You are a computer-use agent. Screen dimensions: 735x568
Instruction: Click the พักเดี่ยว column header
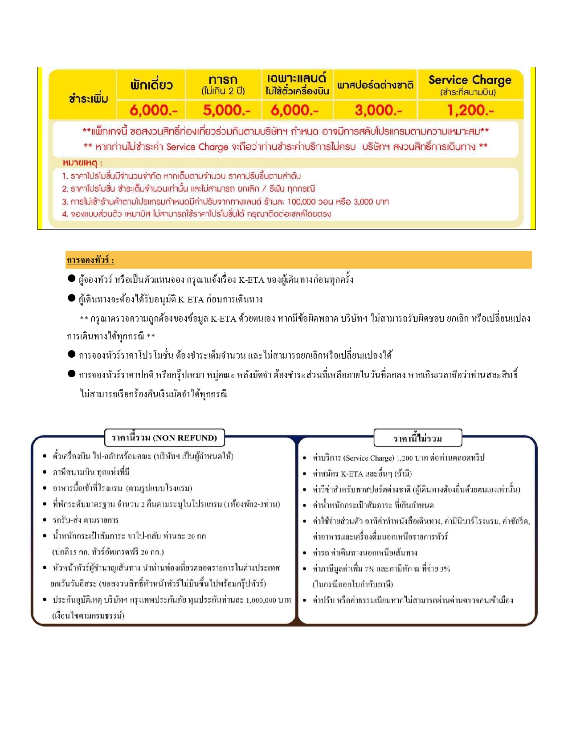point(151,85)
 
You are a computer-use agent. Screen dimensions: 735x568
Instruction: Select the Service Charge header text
point(470,80)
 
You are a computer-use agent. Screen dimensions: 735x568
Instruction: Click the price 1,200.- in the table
point(470,110)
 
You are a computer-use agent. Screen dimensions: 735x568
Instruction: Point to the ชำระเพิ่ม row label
point(88,98)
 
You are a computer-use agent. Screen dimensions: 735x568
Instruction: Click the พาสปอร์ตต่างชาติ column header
point(375,85)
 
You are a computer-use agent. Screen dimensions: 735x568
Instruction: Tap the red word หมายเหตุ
point(82,163)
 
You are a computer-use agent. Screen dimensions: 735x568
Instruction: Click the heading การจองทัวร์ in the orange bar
point(90,260)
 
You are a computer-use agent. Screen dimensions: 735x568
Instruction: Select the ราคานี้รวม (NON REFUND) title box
point(164,438)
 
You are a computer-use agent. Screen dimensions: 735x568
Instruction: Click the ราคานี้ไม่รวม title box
point(417,438)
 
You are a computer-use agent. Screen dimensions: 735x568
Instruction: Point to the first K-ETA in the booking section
point(251,280)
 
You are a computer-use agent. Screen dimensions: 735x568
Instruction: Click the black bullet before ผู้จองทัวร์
point(71,278)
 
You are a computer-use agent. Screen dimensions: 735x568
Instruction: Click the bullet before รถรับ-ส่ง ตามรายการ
point(45,520)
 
